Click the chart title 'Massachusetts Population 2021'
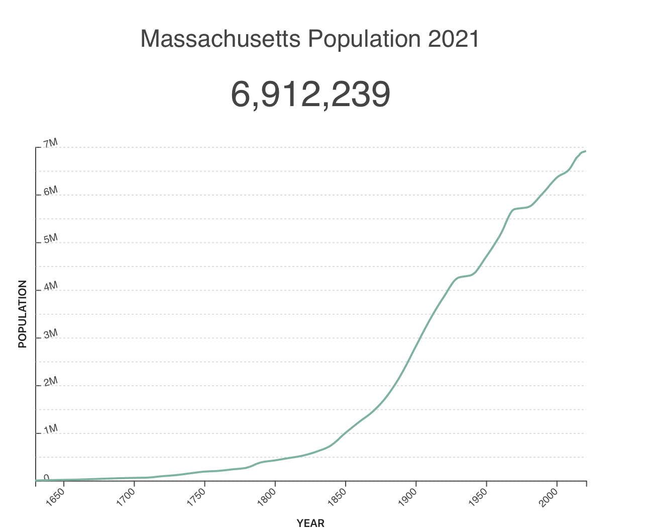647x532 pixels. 310,39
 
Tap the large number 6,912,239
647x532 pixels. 310,94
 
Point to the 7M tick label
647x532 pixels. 50,143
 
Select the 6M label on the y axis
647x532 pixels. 50,191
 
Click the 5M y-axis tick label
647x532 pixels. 50,239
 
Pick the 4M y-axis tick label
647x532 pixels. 50,287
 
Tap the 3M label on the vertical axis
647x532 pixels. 50,334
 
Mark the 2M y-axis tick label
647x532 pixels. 50,382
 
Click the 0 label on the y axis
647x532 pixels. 46,477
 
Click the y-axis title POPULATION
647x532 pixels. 23,314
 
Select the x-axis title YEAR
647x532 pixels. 310,523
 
